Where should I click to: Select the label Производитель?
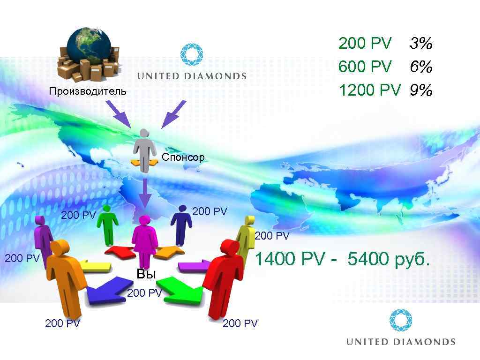[x=88, y=91]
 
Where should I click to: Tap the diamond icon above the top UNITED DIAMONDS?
[x=192, y=54]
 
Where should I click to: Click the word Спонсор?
[x=183, y=157]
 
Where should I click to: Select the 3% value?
[x=420, y=44]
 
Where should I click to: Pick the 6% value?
[x=420, y=67]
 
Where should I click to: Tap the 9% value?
[x=420, y=90]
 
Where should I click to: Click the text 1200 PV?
[x=369, y=90]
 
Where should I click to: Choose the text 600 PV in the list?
[x=365, y=67]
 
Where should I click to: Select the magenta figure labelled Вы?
[x=144, y=239]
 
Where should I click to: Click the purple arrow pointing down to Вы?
[x=145, y=192]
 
